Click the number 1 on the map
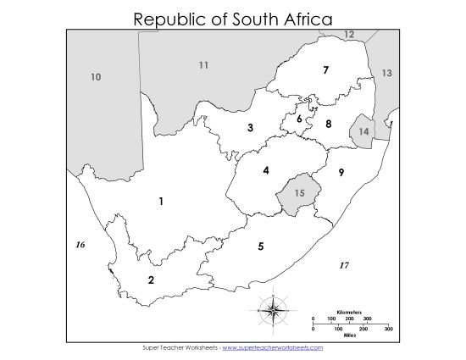pos(160,201)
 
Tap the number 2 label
pos(151,280)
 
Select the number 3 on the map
pos(250,128)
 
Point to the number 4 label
pos(266,170)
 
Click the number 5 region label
pos(261,246)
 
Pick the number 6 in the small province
pos(299,119)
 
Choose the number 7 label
pos(325,70)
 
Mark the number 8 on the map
pos(329,124)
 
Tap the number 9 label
pos(341,173)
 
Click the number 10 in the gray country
pos(96,77)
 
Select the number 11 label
pos(203,65)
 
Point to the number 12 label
pos(349,34)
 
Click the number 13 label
pos(386,74)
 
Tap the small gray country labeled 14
pos(364,132)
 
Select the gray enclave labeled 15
pos(298,193)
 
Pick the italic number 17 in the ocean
pos(343,265)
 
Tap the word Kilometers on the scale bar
pos(350,311)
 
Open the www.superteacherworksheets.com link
pos(273,347)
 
